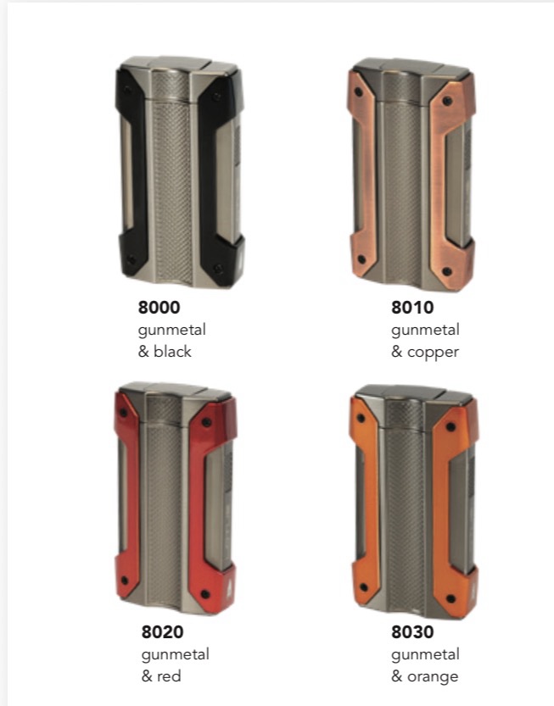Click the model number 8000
(159, 308)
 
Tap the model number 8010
(412, 308)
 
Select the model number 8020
(162, 631)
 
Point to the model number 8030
(412, 631)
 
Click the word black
(172, 351)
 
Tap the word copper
(433, 353)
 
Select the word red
(169, 676)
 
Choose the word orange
(433, 677)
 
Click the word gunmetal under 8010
(425, 331)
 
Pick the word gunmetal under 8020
(176, 654)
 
